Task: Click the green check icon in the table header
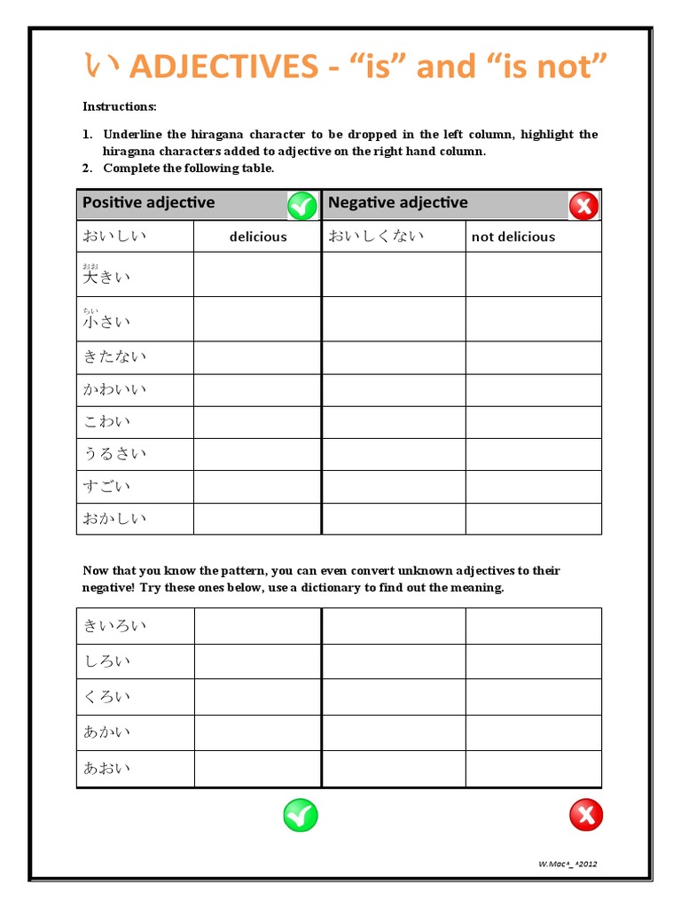pos(301,206)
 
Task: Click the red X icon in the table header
pos(583,206)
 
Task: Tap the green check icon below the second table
pos(301,814)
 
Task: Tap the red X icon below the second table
pos(585,814)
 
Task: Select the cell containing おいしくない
pos(376,236)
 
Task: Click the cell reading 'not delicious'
pos(513,237)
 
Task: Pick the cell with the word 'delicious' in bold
pos(258,237)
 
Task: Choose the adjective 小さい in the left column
pos(106,321)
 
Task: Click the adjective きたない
pos(114,356)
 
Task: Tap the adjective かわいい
pos(114,389)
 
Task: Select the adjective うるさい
pos(114,454)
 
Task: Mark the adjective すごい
pos(106,486)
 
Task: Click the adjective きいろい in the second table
pos(114,625)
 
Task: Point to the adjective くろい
pos(106,697)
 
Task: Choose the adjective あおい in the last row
pos(106,768)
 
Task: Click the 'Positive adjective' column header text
pos(148,202)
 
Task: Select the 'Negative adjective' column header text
pos(397,202)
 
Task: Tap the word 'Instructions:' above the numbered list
pos(120,106)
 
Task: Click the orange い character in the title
pos(100,66)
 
